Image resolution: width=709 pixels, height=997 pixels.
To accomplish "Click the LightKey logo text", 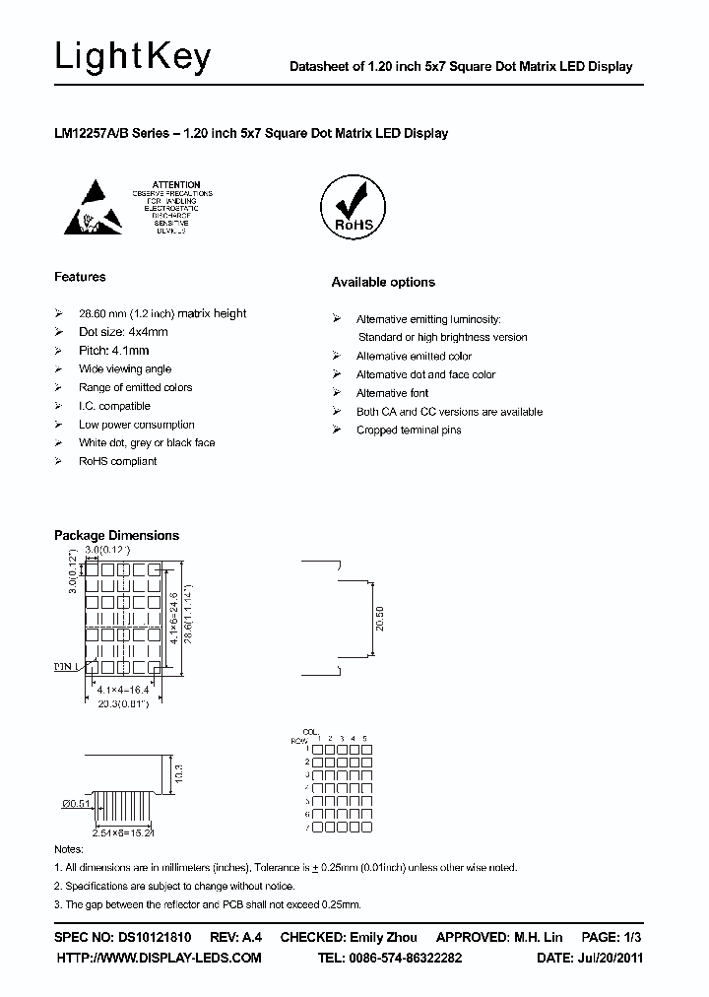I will [x=132, y=59].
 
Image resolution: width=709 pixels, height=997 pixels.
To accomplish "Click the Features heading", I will [x=80, y=277].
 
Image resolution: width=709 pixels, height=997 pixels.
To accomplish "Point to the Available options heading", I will [x=382, y=283].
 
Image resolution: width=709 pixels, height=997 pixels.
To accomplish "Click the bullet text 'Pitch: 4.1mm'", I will [x=114, y=351].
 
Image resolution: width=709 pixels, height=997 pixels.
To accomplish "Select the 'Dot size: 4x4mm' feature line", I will [x=123, y=332].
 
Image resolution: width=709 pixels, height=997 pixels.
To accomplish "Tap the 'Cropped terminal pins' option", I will [x=408, y=431].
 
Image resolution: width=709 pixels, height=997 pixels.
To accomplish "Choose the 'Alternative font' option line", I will [x=392, y=393].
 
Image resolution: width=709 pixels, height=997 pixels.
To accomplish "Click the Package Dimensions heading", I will [x=116, y=536].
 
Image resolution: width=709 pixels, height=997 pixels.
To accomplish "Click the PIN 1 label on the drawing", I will [x=66, y=667].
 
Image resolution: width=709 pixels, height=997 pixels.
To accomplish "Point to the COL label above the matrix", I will [x=310, y=732].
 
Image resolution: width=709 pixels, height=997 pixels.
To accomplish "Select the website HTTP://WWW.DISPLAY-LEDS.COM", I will [x=159, y=958].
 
